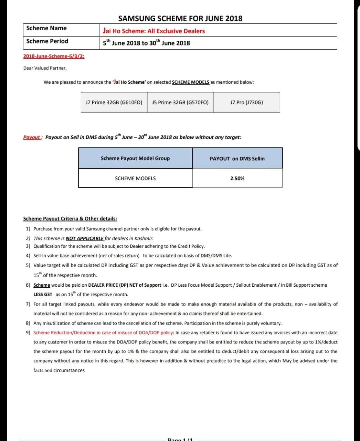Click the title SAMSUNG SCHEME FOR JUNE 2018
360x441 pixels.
pos(180,19)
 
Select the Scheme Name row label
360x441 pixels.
pos(46,28)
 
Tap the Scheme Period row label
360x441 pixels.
pos(47,41)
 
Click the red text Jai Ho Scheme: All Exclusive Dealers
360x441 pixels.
pos(154,31)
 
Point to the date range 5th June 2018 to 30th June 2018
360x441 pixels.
pos(146,43)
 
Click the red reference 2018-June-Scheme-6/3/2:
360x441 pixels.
pos(54,56)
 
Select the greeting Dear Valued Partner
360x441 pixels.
pos(45,68)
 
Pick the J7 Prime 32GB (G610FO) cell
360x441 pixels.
pos(114,102)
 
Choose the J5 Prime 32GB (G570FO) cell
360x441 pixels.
pos(180,102)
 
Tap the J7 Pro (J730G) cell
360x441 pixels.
pos(246,102)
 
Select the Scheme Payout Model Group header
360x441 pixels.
pos(135,158)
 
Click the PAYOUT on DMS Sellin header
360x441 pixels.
pos(237,159)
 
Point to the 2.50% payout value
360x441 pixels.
pos(237,178)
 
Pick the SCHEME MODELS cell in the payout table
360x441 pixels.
pos(135,178)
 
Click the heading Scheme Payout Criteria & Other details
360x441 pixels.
pos(70,219)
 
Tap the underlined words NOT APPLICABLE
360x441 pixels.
pos(85,238)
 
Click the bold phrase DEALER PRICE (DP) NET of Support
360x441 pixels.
pos(125,285)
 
